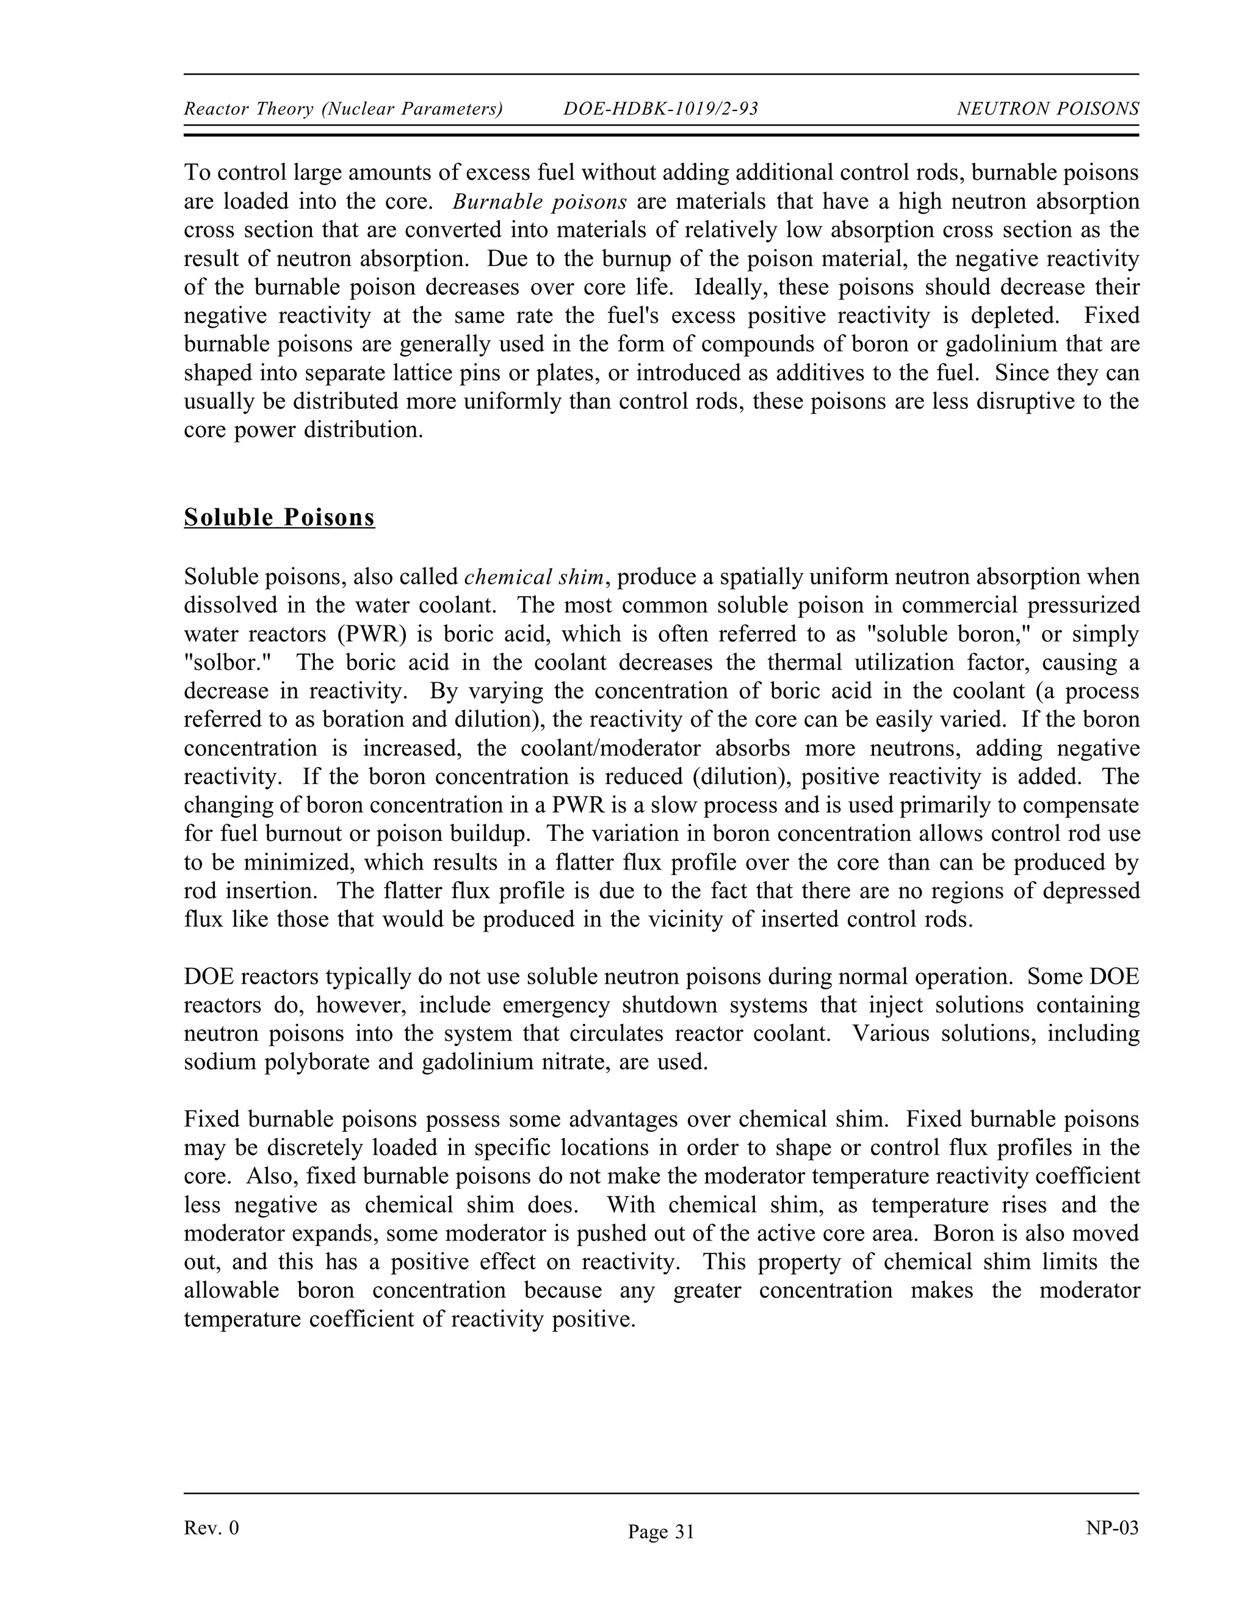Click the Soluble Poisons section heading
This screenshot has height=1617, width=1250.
click(279, 517)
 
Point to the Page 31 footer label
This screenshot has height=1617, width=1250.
click(660, 1532)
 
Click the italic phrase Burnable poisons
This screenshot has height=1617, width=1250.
click(540, 201)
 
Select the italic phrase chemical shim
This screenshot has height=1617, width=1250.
click(533, 577)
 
